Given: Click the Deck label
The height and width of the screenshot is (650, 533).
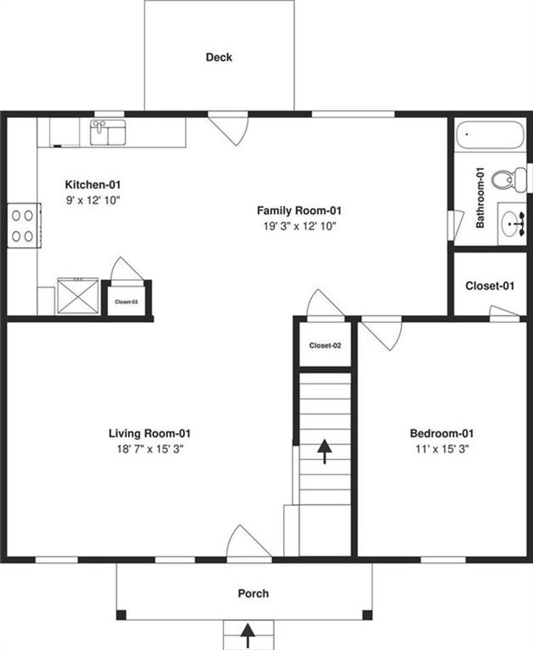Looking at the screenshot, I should (x=219, y=58).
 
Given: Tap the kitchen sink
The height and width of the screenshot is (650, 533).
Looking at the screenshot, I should (x=108, y=132).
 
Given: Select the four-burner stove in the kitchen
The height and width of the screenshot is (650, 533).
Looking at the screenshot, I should (x=22, y=225).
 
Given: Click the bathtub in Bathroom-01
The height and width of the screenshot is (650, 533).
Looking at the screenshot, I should (x=489, y=135).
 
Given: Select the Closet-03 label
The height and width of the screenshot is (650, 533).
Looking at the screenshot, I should (x=127, y=302).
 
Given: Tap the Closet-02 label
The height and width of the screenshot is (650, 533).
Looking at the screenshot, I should (x=325, y=345).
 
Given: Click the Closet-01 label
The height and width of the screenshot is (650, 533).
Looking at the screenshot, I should (x=490, y=286).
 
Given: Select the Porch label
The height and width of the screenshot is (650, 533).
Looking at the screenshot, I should (x=253, y=594).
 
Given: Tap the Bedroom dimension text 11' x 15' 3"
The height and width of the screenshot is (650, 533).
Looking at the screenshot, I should (x=441, y=448).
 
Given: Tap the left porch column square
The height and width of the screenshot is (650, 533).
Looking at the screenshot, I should (x=121, y=615).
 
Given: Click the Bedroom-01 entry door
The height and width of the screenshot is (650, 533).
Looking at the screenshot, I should (x=381, y=332).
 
